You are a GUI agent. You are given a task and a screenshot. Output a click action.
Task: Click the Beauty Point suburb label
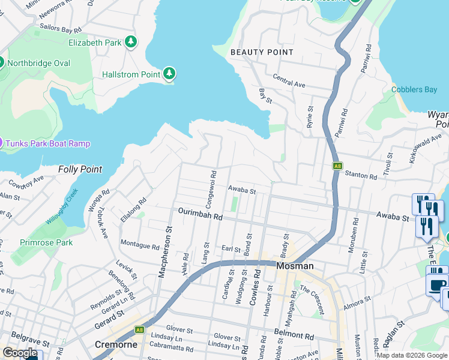(262, 52)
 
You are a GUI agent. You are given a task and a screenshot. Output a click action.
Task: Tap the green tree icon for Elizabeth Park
(130, 43)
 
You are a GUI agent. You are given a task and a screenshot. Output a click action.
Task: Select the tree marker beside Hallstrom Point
(170, 74)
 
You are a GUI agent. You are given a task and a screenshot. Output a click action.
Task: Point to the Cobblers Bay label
(414, 89)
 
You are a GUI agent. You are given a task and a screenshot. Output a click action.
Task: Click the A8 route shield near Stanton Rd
(338, 165)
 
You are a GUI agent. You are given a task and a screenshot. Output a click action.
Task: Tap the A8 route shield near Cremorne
(139, 329)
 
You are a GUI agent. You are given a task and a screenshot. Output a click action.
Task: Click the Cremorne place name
(116, 345)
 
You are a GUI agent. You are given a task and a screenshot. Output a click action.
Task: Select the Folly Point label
(80, 170)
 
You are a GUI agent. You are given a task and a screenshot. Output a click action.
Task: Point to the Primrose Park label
(46, 243)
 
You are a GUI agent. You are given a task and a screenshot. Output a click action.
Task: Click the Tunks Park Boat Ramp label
(48, 143)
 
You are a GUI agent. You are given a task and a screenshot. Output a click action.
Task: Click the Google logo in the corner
(20, 353)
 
